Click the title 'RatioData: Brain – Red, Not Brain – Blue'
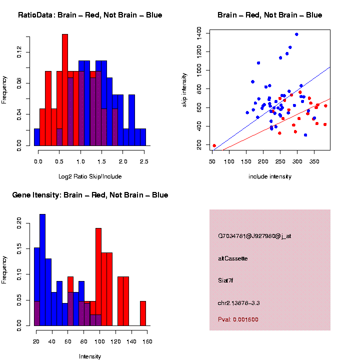tap(90, 15)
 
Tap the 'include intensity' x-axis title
tap(270, 176)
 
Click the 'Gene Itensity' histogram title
tap(90, 195)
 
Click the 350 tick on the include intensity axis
tap(314, 161)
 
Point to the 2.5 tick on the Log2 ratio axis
tap(143, 161)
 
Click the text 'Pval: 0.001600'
tap(238, 319)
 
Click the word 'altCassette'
tap(232, 258)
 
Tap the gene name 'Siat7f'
tap(225, 280)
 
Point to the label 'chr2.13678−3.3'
tap(238, 303)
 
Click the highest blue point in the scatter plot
tap(296, 34)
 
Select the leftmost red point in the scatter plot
tap(214, 146)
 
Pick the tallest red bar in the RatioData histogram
tap(65, 90)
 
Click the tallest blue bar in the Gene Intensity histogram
tap(42, 270)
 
